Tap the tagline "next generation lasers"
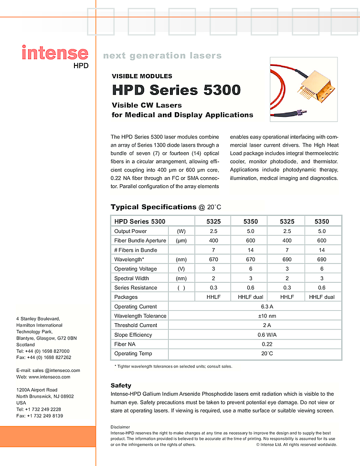(x=162, y=56)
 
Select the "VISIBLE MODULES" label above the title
(x=142, y=76)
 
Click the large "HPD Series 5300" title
(x=176, y=90)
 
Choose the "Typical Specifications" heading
(x=153, y=207)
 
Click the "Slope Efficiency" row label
(x=133, y=335)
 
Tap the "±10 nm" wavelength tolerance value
(x=267, y=316)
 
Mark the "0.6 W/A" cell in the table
(x=267, y=335)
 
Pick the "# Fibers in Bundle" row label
(x=136, y=250)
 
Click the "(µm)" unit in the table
(x=181, y=241)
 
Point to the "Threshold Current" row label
(x=135, y=325)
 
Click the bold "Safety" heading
(x=121, y=385)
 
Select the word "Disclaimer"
(x=120, y=427)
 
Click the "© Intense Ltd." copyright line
(x=296, y=445)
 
